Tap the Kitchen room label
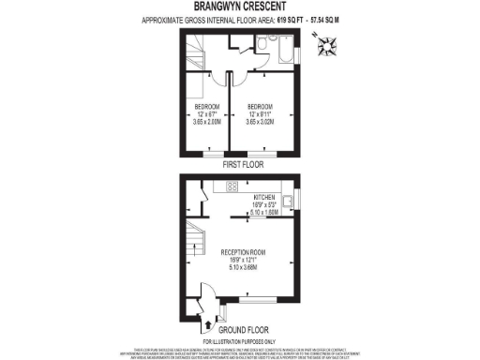262,198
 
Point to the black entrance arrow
206,327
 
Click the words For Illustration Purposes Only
240,340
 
